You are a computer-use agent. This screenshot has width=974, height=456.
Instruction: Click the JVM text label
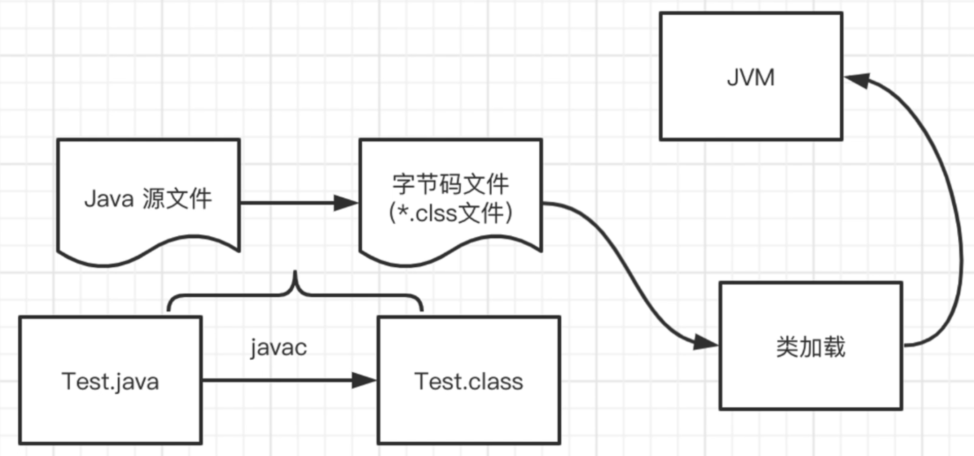click(x=751, y=78)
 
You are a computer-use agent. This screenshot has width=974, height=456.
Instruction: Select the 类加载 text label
click(x=811, y=347)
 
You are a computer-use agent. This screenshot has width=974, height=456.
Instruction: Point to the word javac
click(x=278, y=348)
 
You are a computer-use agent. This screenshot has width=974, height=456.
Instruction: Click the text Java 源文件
click(x=148, y=199)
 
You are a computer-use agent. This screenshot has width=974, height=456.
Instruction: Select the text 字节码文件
click(x=450, y=184)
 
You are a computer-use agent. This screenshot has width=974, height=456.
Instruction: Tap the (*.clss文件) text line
click(x=450, y=213)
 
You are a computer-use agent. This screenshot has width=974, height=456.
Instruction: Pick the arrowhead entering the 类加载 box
click(x=706, y=343)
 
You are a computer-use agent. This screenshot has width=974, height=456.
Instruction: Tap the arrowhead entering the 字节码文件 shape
click(x=345, y=203)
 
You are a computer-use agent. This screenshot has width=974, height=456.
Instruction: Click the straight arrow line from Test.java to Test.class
click(x=276, y=380)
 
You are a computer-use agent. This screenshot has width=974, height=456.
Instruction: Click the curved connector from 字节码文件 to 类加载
click(x=628, y=272)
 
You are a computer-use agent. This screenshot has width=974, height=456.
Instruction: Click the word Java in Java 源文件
click(x=109, y=199)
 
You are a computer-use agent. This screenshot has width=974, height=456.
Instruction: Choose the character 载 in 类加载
click(x=835, y=347)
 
